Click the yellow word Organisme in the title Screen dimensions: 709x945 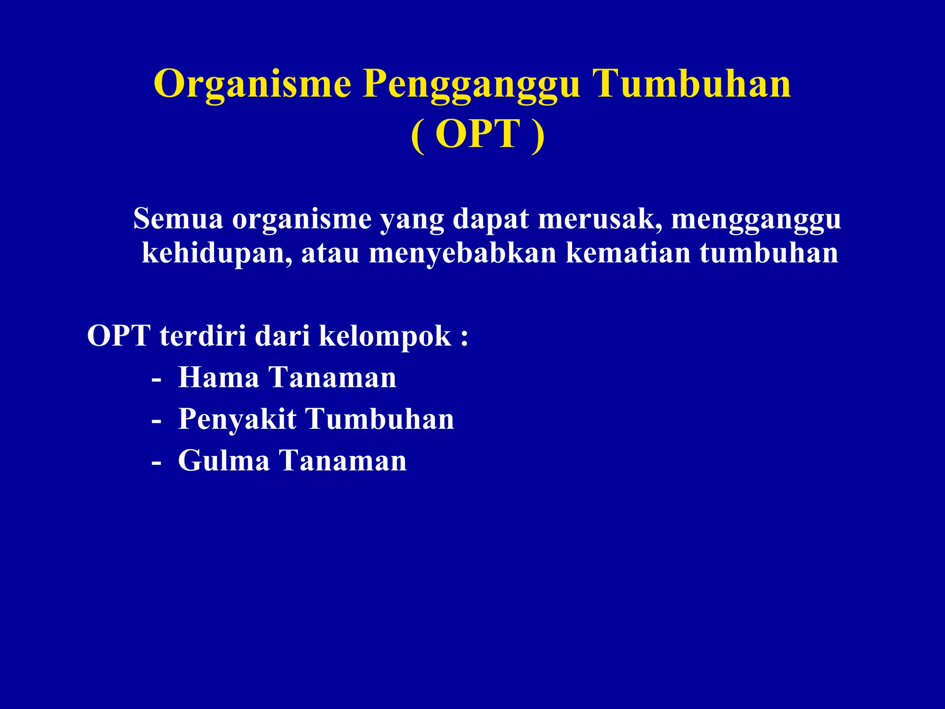(x=252, y=84)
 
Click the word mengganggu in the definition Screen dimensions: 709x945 (x=756, y=220)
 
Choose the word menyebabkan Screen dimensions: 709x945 (x=463, y=253)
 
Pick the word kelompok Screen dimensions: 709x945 (x=385, y=336)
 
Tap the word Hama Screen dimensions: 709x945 (x=219, y=378)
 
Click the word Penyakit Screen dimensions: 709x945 (x=237, y=420)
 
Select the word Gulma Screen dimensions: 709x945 (x=224, y=461)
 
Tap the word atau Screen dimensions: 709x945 (x=330, y=253)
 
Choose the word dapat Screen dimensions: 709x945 (x=490, y=220)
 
